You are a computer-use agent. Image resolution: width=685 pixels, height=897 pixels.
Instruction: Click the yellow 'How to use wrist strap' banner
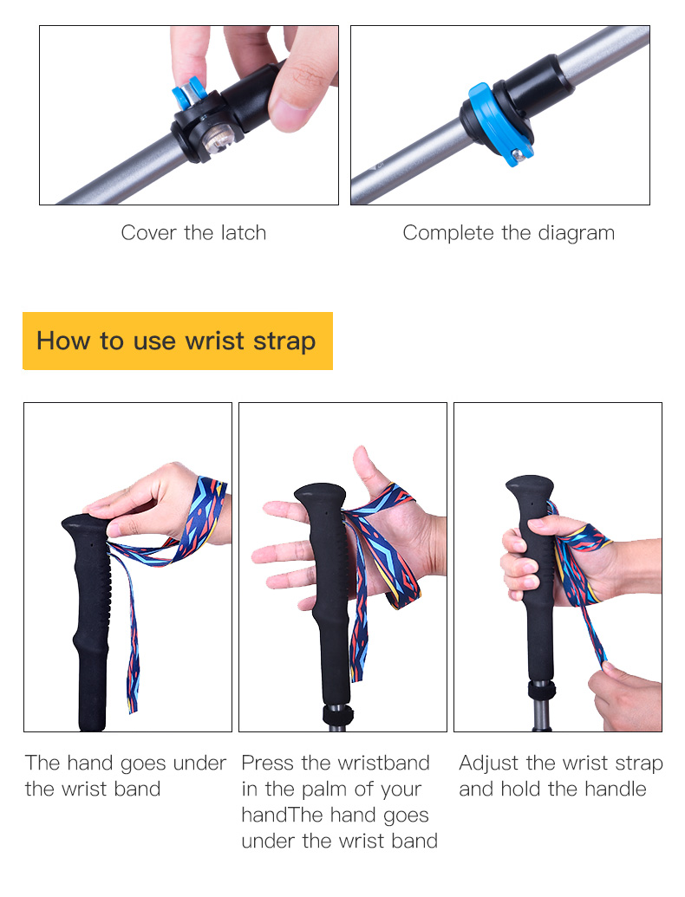[178, 341]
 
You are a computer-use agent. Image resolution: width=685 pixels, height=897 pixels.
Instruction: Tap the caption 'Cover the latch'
[193, 233]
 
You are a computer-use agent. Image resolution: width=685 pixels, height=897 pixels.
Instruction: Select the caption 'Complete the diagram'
[508, 233]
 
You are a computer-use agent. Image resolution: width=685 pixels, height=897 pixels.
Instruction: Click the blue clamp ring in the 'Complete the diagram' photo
[501, 125]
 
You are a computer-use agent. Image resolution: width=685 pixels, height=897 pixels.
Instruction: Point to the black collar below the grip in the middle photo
[337, 716]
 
